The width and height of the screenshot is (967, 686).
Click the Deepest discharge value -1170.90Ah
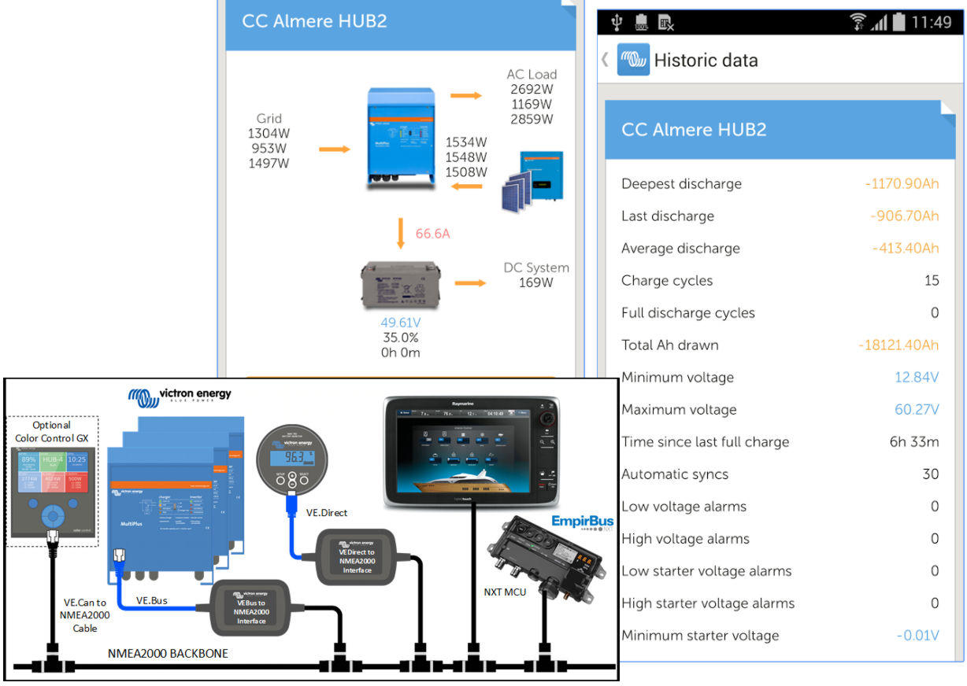pyautogui.click(x=901, y=184)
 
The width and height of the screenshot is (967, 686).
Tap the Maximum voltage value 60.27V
pyautogui.click(x=917, y=410)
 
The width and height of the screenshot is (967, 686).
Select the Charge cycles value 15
pyautogui.click(x=932, y=281)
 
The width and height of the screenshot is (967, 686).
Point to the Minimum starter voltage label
pyautogui.click(x=700, y=636)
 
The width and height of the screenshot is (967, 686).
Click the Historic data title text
pyautogui.click(x=706, y=61)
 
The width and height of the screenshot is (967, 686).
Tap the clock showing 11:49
pyautogui.click(x=931, y=22)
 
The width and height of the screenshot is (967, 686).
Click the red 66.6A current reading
pyautogui.click(x=432, y=234)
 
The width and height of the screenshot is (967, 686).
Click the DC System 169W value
pyautogui.click(x=535, y=282)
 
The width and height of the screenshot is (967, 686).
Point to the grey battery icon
pyautogui.click(x=400, y=282)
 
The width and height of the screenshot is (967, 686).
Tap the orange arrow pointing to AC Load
pyautogui.click(x=466, y=95)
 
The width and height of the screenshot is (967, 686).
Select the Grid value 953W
pyautogui.click(x=269, y=149)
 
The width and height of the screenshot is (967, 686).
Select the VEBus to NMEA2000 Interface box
pyautogui.click(x=251, y=607)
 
